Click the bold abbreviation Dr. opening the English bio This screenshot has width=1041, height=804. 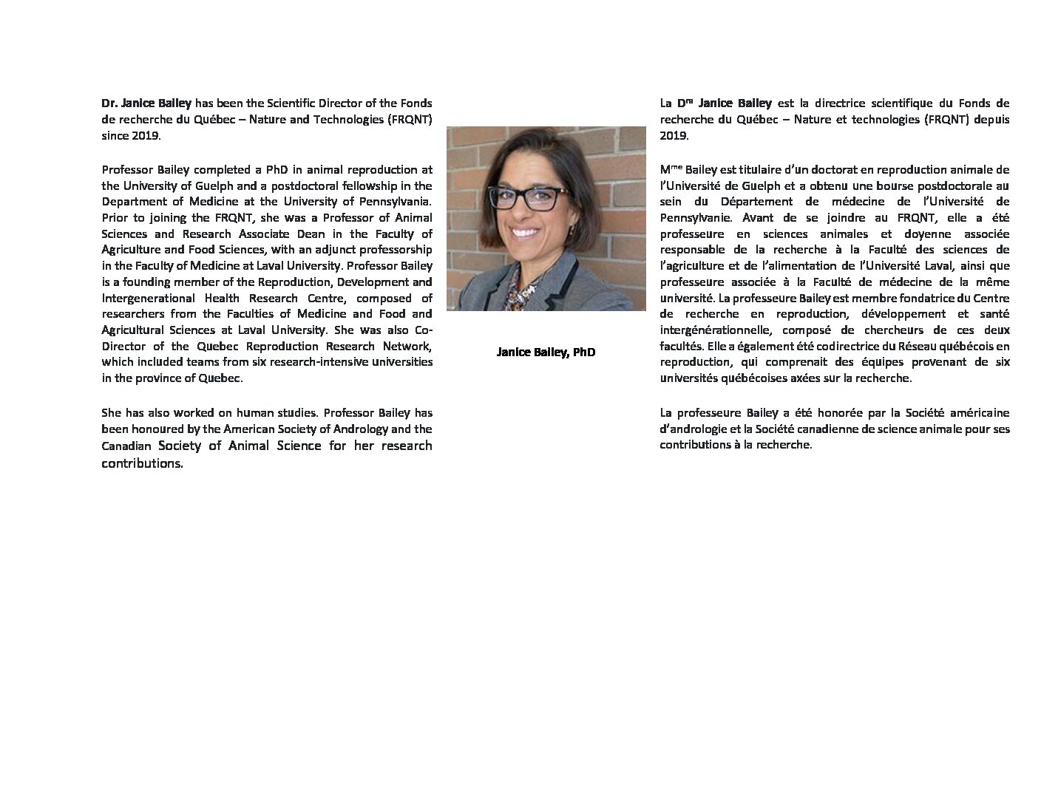[x=109, y=103]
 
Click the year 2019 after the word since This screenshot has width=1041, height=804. [x=146, y=136]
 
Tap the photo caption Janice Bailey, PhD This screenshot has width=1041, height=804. [x=546, y=352]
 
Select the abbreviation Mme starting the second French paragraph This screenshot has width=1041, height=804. [x=671, y=169]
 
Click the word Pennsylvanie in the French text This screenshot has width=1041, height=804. [x=694, y=218]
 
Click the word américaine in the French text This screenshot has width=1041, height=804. [x=974, y=412]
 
